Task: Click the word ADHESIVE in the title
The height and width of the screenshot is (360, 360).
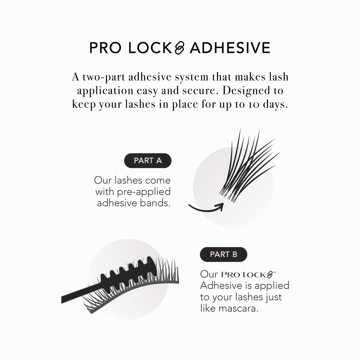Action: (230, 48)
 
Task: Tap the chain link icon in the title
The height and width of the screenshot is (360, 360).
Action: (180, 48)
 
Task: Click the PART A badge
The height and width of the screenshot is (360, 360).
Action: (148, 161)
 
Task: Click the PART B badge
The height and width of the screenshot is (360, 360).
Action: (223, 254)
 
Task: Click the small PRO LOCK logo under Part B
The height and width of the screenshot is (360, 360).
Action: (248, 275)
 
